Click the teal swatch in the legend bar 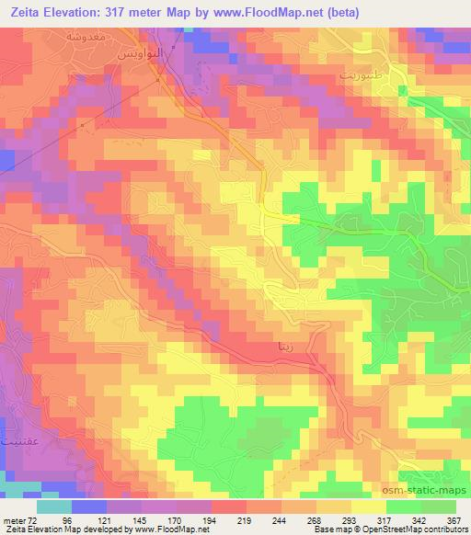(55, 507)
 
